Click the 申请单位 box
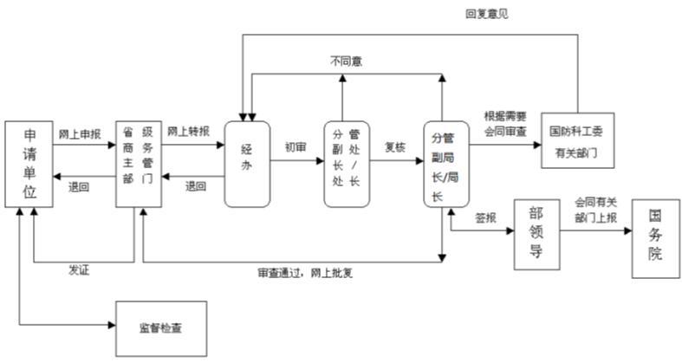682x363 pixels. pyautogui.click(x=29, y=164)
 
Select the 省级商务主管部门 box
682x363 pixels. pyautogui.click(x=139, y=164)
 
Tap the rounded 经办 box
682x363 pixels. pyautogui.click(x=247, y=164)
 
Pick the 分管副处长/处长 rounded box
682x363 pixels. pyautogui.click(x=347, y=164)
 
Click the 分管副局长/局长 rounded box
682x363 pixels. pyautogui.click(x=446, y=164)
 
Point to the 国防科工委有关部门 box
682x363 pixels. pyautogui.click(x=578, y=140)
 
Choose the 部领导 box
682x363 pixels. pyautogui.click(x=536, y=235)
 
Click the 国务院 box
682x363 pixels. pyautogui.click(x=655, y=238)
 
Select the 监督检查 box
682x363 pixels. pyautogui.click(x=161, y=328)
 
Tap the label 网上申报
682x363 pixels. pyautogui.click(x=80, y=134)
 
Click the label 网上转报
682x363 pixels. pyautogui.click(x=188, y=131)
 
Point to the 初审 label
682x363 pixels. pyautogui.click(x=296, y=147)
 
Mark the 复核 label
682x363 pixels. pyautogui.click(x=395, y=147)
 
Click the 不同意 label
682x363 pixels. pyautogui.click(x=347, y=62)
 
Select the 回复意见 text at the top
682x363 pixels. pyautogui.click(x=487, y=14)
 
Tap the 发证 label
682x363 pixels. pyautogui.click(x=79, y=270)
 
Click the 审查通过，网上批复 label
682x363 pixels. pyautogui.click(x=305, y=273)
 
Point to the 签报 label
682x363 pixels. pyautogui.click(x=485, y=217)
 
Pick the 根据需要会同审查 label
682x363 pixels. pyautogui.click(x=505, y=124)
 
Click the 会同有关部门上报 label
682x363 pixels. pyautogui.click(x=596, y=210)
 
